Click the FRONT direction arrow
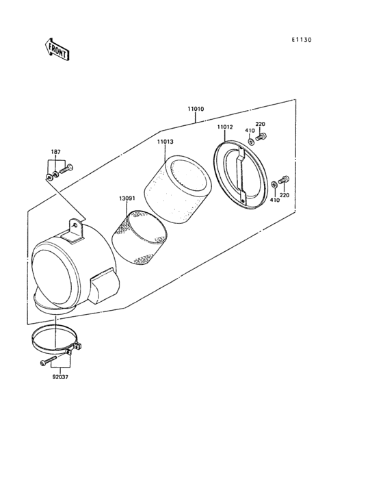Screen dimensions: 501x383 (57, 49)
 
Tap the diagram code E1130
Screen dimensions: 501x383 (302, 40)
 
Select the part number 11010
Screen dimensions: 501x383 (196, 109)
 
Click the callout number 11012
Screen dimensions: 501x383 (225, 127)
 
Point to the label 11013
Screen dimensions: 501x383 (165, 142)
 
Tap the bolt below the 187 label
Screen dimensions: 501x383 (66, 168)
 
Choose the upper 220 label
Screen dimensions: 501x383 (260, 124)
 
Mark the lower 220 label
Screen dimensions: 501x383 (285, 195)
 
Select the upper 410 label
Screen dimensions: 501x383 (250, 131)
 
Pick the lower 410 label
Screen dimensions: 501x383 (274, 201)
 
